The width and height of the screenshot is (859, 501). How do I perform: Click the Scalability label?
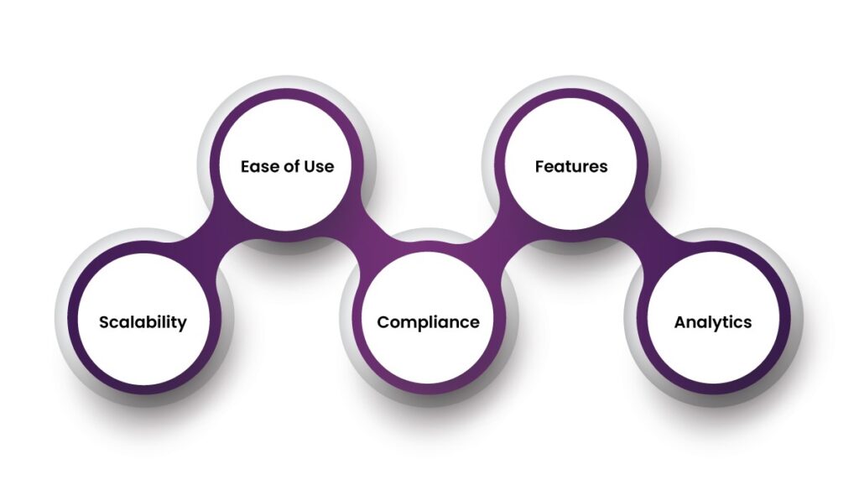(143, 322)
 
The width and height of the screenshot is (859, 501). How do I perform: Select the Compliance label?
(428, 322)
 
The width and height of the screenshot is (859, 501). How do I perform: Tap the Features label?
(571, 166)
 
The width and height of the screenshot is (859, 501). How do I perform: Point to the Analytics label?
(713, 322)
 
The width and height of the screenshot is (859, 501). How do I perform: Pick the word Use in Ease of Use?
(320, 166)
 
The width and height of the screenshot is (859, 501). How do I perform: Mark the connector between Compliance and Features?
(500, 243)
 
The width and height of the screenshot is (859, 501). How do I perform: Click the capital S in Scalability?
(104, 322)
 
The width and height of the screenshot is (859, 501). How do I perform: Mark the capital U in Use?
(310, 166)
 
